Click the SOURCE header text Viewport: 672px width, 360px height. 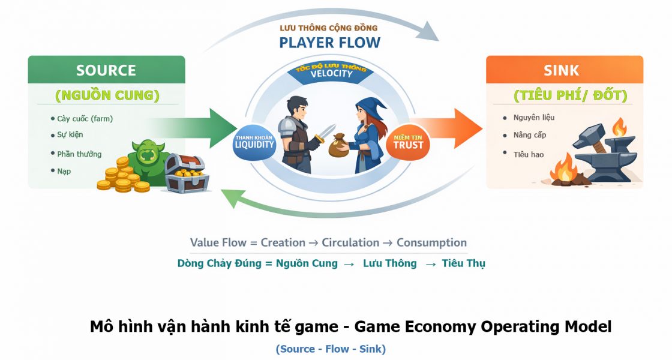click(106, 70)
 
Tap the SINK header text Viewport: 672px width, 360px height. click(561, 70)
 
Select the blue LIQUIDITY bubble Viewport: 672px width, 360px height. click(254, 142)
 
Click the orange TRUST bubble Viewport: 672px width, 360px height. click(408, 142)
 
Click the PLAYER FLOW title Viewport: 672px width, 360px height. click(329, 43)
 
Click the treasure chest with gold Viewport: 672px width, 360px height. click(187, 173)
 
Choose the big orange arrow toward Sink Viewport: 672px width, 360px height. click(446, 128)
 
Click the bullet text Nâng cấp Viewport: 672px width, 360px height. click(530, 135)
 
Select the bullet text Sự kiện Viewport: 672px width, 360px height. click(70, 134)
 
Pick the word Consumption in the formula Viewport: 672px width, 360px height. click(431, 242)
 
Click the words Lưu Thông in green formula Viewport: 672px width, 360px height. click(389, 263)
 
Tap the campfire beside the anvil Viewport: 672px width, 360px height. click(564, 170)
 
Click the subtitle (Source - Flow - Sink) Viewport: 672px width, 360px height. click(331, 349)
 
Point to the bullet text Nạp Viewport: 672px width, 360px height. click(64, 171)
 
